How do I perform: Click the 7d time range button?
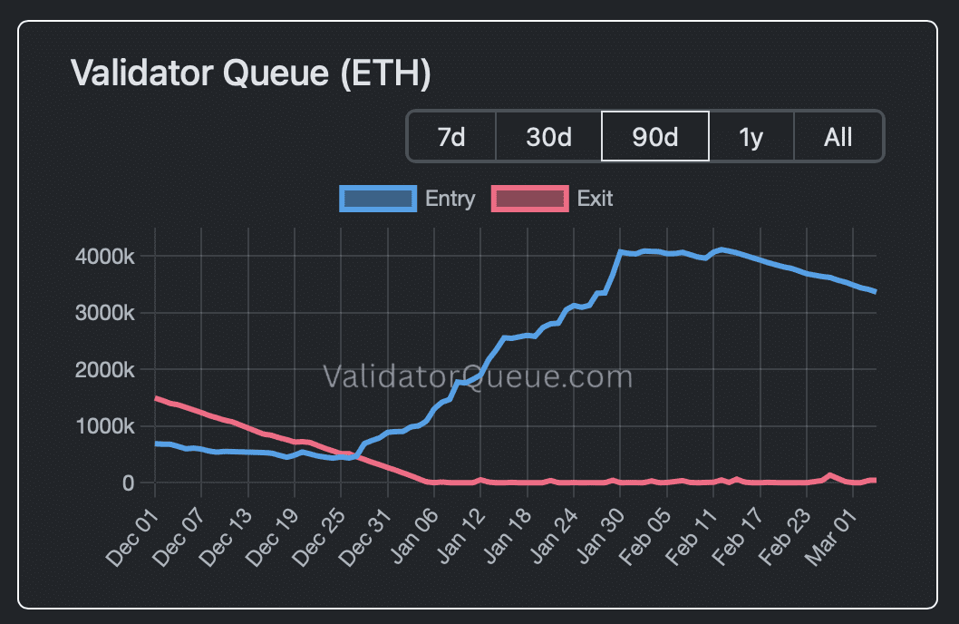(451, 137)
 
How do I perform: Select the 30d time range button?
(548, 137)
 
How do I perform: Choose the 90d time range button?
(655, 137)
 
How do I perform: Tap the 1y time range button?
(751, 137)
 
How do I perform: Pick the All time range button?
(838, 137)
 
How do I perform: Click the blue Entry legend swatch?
(378, 198)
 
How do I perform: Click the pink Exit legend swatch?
(529, 198)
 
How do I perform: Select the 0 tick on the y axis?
(128, 483)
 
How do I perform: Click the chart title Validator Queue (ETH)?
(250, 73)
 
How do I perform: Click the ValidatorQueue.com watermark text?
(478, 375)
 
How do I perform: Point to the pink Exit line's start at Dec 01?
(156, 398)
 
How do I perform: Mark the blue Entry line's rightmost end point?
(875, 291)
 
